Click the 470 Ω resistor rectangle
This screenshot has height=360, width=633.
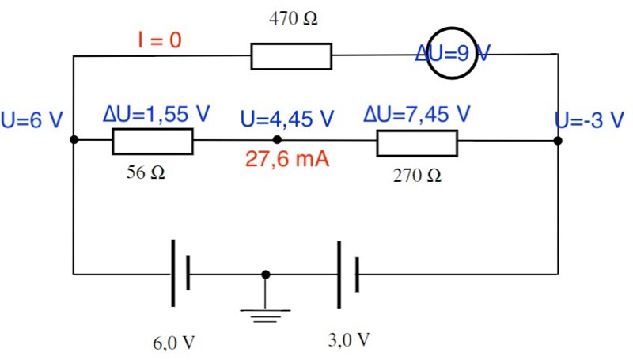(291, 57)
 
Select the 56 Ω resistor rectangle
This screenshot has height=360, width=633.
(152, 141)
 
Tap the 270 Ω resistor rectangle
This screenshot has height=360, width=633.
(417, 142)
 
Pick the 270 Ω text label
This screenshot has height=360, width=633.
(418, 176)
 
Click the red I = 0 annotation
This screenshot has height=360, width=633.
(161, 40)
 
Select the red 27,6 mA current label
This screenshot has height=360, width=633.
(286, 159)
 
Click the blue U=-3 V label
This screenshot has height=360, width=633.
(589, 120)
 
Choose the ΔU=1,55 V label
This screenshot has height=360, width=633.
(157, 114)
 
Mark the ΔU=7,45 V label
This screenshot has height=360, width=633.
(418, 114)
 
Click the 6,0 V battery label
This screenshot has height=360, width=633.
(174, 343)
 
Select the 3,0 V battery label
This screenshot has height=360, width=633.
(349, 340)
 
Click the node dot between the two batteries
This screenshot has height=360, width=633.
(265, 275)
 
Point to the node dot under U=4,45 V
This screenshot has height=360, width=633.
(277, 140)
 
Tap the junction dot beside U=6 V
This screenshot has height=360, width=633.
(74, 140)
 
